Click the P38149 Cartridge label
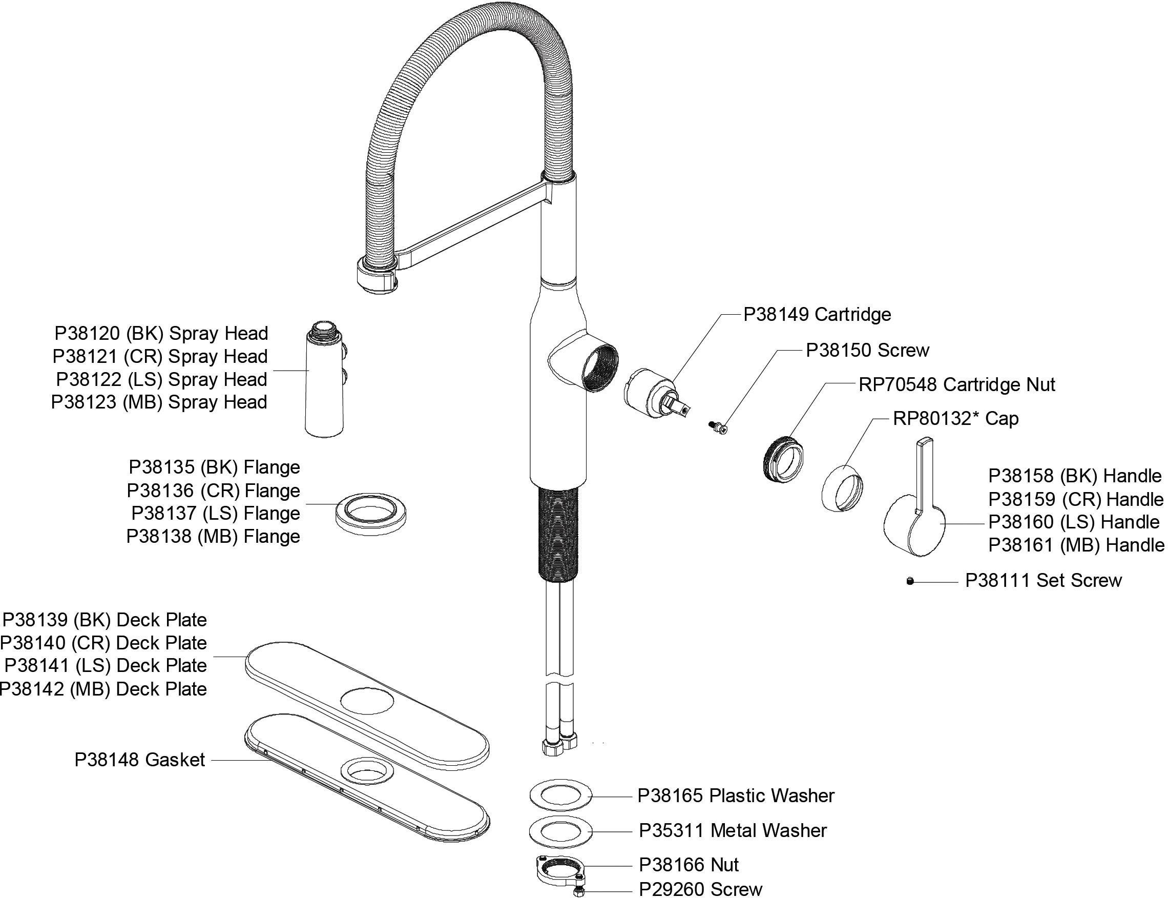[817, 314]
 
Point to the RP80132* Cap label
[955, 419]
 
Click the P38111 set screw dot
[910, 582]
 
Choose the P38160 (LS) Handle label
[1073, 522]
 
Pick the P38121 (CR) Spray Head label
[160, 357]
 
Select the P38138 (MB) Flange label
[213, 536]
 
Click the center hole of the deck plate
[367, 701]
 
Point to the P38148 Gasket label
[139, 760]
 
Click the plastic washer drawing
[560, 795]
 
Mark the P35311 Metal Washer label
[733, 830]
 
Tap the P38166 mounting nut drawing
[560, 868]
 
